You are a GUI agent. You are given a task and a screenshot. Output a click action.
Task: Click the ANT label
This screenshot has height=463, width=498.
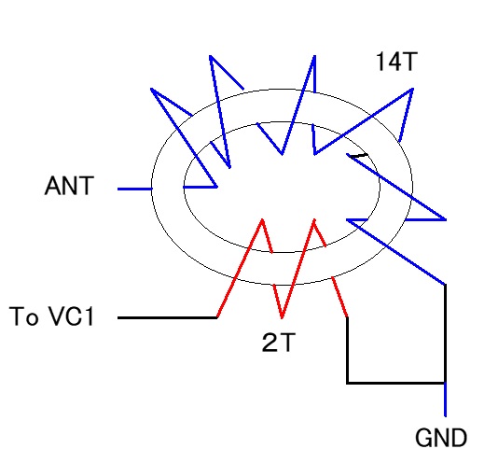(69, 186)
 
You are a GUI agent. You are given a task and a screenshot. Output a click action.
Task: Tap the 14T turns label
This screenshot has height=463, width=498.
(396, 62)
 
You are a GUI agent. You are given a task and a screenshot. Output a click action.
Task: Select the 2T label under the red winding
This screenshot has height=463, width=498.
(279, 343)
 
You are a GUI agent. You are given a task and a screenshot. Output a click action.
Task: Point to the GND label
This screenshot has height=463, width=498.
(441, 438)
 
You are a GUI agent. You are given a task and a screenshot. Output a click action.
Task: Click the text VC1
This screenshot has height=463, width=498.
(71, 316)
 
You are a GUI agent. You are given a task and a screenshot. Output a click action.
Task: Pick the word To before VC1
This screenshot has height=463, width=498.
(24, 316)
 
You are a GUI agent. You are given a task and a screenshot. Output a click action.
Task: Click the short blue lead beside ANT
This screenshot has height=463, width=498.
(135, 189)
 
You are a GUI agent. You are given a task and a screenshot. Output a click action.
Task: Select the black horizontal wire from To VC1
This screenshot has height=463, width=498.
(167, 317)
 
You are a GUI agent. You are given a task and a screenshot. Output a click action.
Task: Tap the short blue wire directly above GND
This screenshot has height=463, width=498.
(445, 400)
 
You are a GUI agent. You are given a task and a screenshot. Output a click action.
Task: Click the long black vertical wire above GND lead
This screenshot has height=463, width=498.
(445, 333)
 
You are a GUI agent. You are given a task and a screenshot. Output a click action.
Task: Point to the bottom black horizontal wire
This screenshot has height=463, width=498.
(395, 383)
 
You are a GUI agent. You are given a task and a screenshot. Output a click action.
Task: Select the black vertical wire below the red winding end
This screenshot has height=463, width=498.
(348, 350)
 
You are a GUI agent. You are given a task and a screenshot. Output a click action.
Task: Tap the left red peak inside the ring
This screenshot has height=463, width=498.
(262, 219)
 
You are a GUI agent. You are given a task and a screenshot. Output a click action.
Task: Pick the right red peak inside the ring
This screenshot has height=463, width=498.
(314, 219)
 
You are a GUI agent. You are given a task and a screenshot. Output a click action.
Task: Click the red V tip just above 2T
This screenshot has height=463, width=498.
(282, 317)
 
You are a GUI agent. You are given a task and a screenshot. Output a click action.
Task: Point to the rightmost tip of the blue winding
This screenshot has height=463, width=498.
(446, 219)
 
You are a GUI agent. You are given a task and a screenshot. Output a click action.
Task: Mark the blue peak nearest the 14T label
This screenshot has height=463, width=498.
(412, 90)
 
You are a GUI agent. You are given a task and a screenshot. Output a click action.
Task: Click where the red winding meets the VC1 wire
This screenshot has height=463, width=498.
(217, 317)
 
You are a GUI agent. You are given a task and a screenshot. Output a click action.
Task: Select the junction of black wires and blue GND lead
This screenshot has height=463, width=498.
(445, 383)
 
